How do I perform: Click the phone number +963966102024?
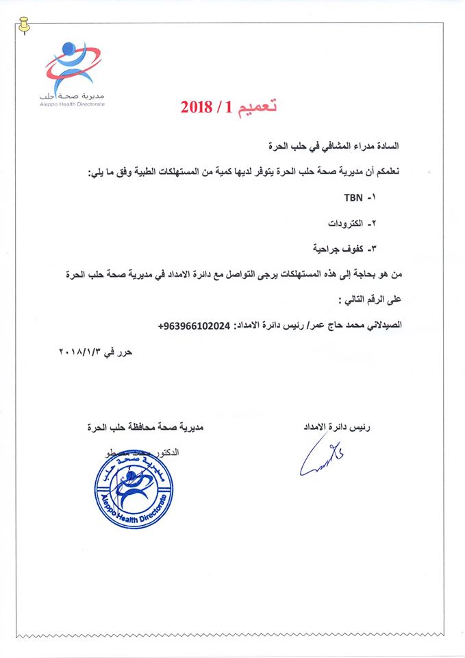[194, 326]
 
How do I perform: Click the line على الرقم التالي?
[374, 300]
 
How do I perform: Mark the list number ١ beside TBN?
[373, 198]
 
